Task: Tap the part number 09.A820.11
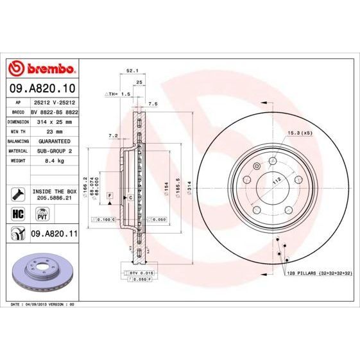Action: [53, 236]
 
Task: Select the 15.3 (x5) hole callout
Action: [300, 132]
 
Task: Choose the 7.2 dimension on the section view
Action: [113, 135]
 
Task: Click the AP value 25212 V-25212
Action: [53, 101]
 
